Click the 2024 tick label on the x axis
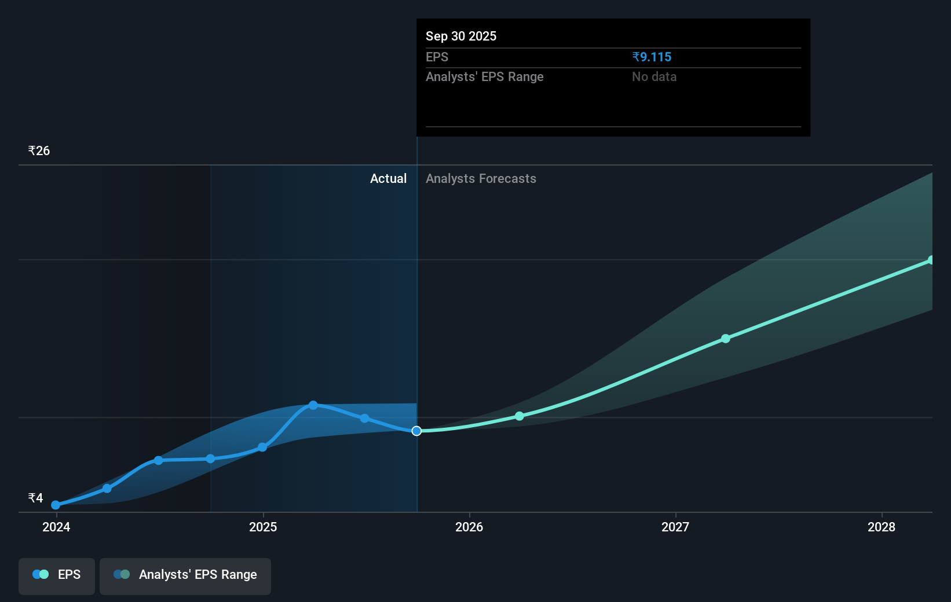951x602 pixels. point(56,527)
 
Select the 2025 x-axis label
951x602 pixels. point(263,527)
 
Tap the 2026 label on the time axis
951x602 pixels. point(469,527)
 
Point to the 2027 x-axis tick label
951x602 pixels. point(675,527)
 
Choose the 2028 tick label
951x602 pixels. point(881,527)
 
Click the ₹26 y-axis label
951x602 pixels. point(39,151)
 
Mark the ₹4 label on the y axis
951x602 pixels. point(35,498)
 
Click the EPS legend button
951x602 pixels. point(57,575)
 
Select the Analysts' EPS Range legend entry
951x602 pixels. point(185,575)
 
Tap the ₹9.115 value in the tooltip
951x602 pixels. point(652,57)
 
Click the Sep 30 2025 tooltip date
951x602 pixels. point(461,36)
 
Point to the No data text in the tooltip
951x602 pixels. point(654,76)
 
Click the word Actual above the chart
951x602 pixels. point(388,178)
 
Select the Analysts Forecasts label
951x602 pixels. point(481,178)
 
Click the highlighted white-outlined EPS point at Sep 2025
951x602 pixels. point(416,431)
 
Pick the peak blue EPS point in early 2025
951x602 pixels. point(313,405)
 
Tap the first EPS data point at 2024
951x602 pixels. point(56,505)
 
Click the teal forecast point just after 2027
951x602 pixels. point(726,339)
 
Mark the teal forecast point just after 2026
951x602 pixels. point(520,416)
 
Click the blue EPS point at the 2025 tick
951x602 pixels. point(262,447)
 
